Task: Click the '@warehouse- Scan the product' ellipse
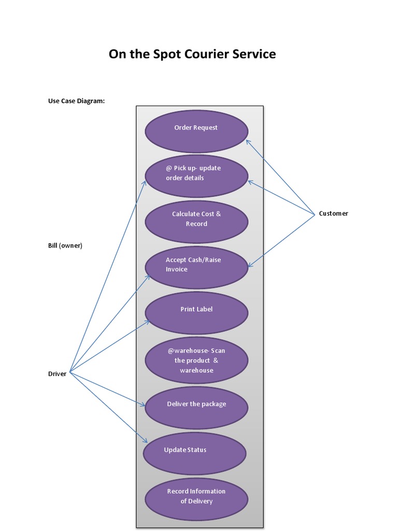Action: coord(196,360)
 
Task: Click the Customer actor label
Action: coord(333,214)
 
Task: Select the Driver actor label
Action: coord(57,374)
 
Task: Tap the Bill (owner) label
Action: coord(65,246)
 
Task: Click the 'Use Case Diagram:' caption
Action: coord(76,101)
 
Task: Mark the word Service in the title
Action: coord(253,54)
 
